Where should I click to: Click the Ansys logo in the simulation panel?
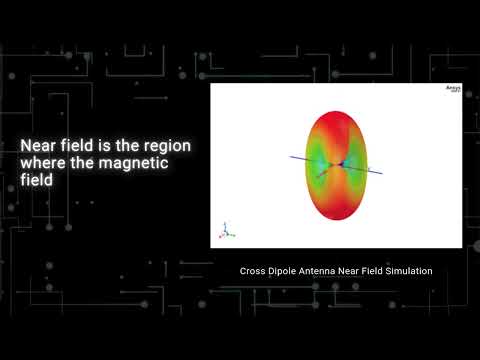click(x=451, y=90)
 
